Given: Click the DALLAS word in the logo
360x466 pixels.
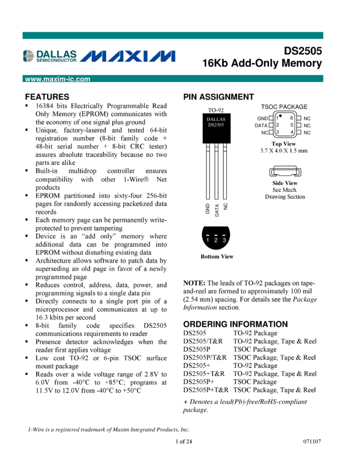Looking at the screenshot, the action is (x=56, y=54).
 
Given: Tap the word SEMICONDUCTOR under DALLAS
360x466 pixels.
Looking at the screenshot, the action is (x=56, y=60).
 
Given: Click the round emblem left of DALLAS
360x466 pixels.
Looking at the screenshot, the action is (x=28, y=56).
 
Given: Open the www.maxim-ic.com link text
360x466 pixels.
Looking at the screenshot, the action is (x=58, y=79).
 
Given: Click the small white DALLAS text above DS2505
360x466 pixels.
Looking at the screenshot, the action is (x=216, y=119).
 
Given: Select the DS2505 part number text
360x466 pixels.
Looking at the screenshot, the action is (x=216, y=124).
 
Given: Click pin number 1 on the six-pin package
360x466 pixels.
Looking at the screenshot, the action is (x=277, y=118).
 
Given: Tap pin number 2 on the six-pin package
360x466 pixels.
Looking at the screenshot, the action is (x=277, y=125).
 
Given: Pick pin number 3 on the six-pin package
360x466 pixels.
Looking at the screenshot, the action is (x=277, y=132).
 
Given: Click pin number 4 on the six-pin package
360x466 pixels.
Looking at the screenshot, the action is (x=292, y=132).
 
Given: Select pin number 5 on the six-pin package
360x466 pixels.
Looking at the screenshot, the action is (x=292, y=125).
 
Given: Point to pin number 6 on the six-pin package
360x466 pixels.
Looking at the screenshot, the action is (x=292, y=118).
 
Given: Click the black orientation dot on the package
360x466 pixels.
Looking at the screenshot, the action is (x=281, y=116).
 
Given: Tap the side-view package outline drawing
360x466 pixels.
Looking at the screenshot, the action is (x=285, y=173).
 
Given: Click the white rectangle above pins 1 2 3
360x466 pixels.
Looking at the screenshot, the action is (x=216, y=222).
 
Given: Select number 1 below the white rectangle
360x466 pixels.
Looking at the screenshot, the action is (x=208, y=240).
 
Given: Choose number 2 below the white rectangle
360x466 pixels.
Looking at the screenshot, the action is (x=216, y=240).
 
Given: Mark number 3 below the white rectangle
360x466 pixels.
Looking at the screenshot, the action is (x=224, y=240).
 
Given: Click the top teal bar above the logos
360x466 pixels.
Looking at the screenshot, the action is (x=173, y=35).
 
